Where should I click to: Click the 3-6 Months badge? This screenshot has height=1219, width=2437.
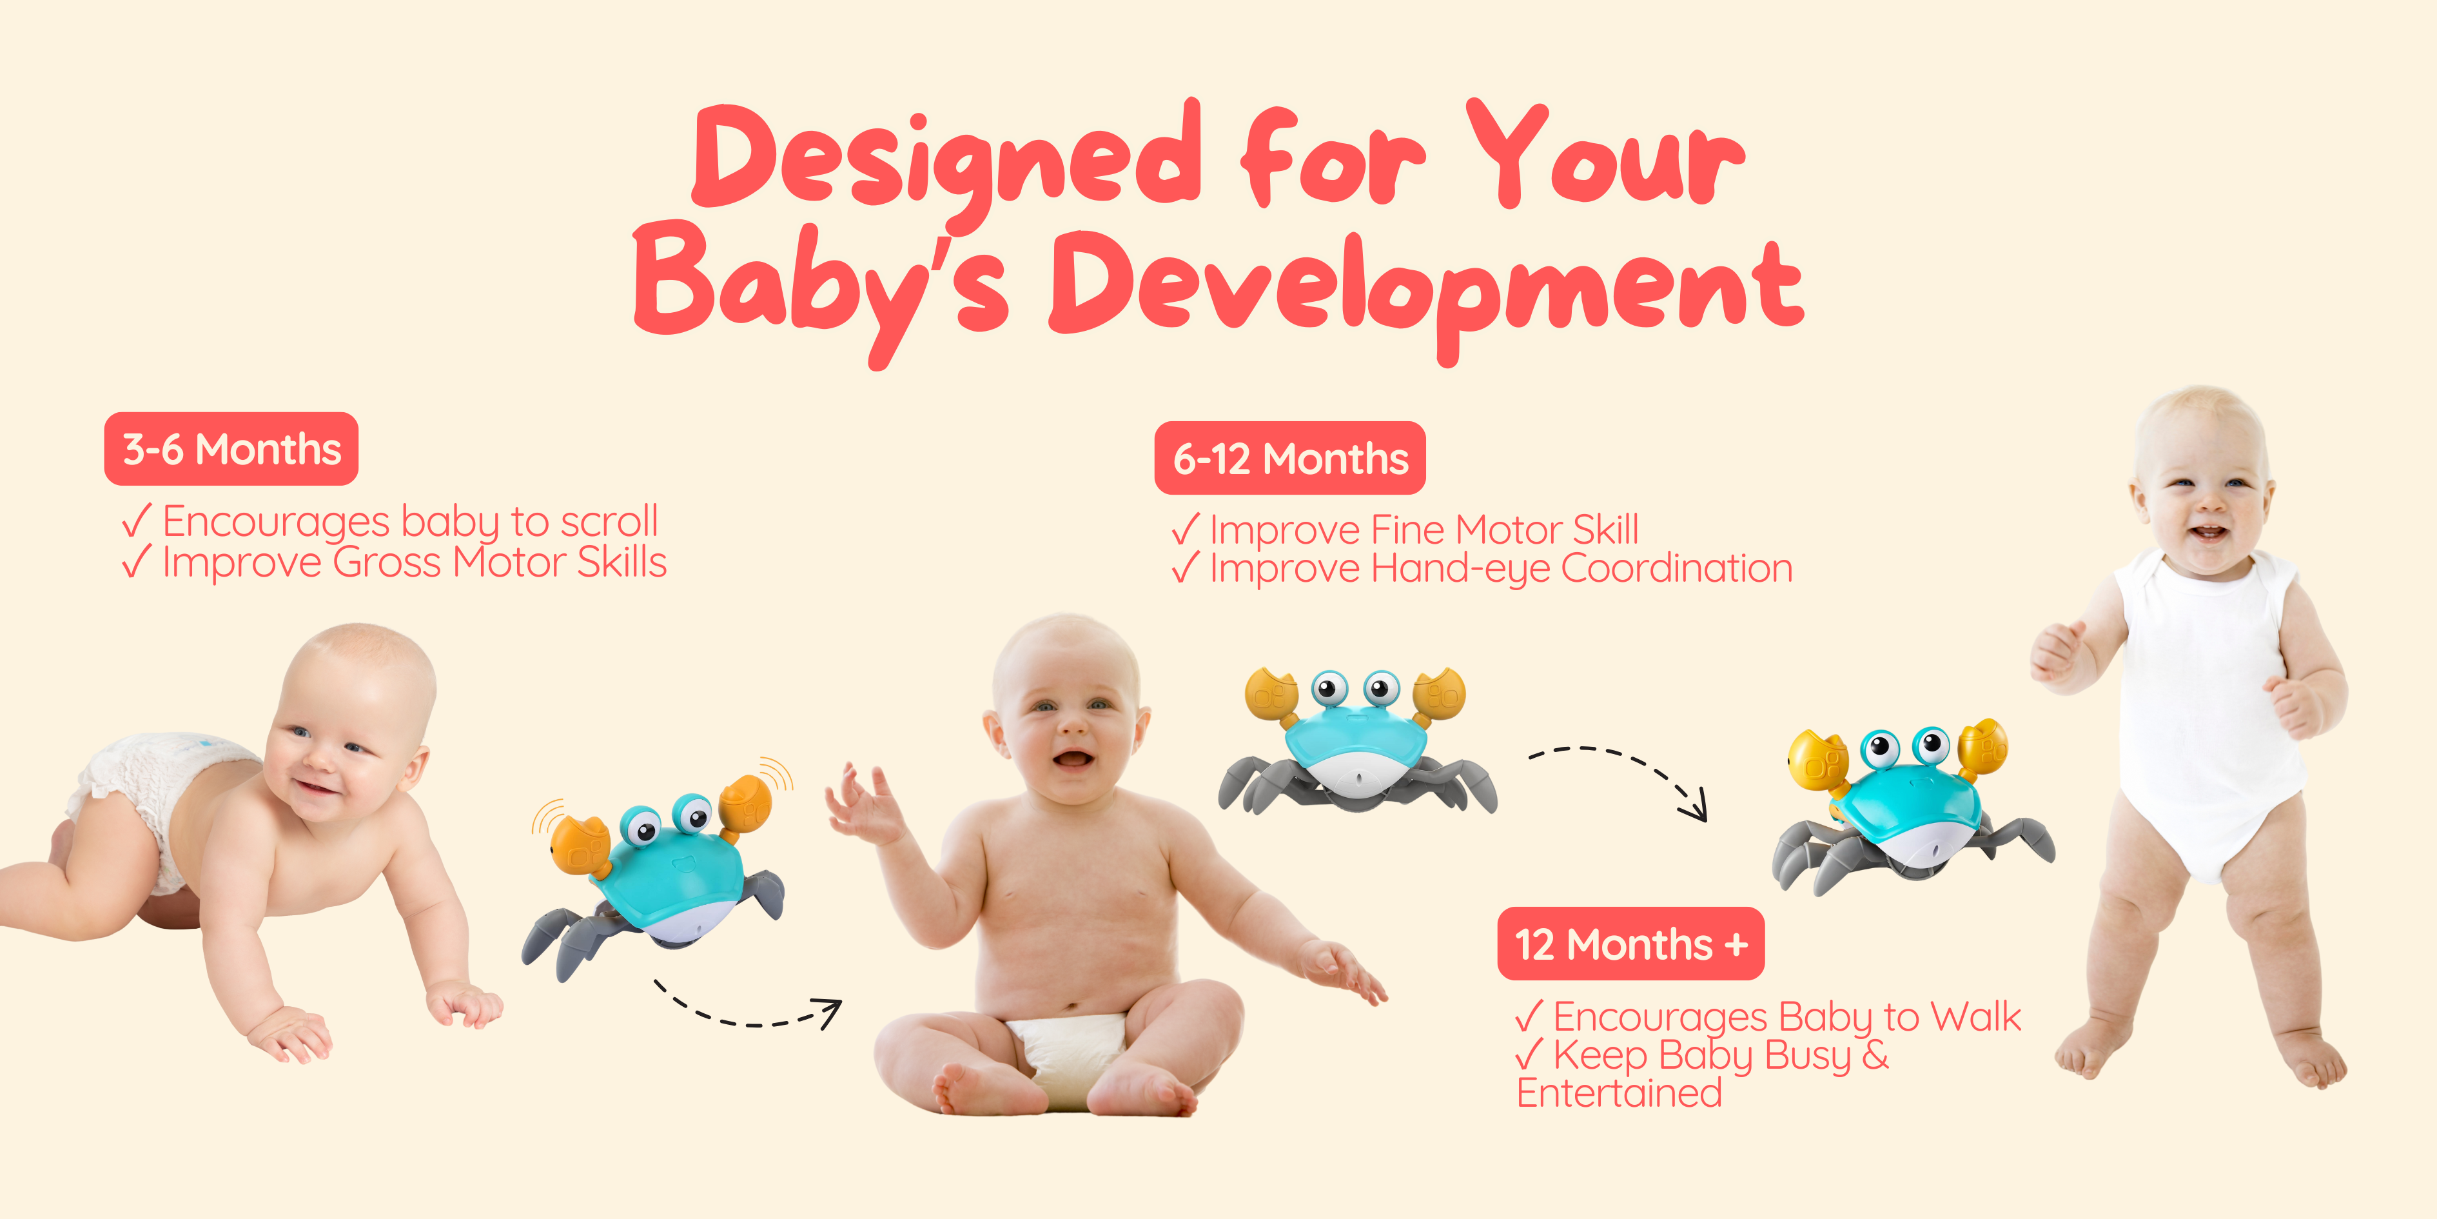click(x=231, y=449)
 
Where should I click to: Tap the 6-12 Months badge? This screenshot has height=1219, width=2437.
click(x=1289, y=458)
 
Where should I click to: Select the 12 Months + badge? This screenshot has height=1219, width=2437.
click(x=1631, y=944)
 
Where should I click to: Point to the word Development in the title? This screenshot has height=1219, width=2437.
click(x=1427, y=289)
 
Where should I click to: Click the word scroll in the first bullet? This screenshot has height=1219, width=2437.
click(x=609, y=522)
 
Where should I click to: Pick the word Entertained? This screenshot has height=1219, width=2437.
click(x=1619, y=1093)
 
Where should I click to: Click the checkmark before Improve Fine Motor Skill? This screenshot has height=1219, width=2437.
click(x=1186, y=529)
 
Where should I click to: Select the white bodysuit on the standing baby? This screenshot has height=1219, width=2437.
click(x=2209, y=710)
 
